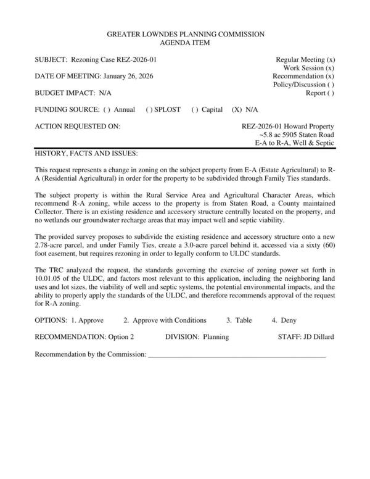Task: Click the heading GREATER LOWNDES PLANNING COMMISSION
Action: (x=185, y=35)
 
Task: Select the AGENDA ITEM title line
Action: (x=185, y=43)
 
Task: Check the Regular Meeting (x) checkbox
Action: (x=331, y=60)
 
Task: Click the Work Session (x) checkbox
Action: (x=330, y=68)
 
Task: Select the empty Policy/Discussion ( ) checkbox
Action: (x=331, y=85)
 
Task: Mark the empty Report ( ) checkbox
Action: (x=331, y=93)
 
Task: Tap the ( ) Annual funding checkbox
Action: (x=107, y=110)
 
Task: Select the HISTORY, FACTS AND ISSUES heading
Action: (x=86, y=152)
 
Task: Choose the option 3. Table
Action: (x=239, y=321)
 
